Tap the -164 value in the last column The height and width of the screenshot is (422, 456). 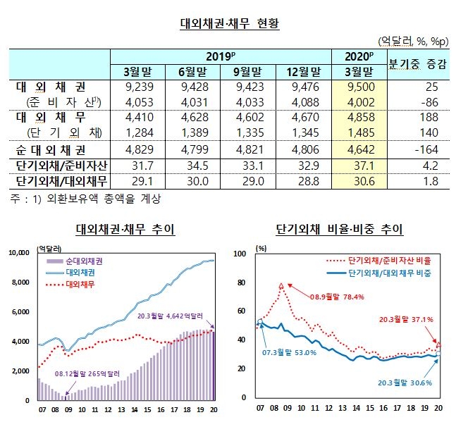[x=426, y=149]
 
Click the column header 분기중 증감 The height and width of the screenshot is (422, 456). [x=417, y=64]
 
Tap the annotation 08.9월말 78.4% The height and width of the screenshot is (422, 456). [x=333, y=297]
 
